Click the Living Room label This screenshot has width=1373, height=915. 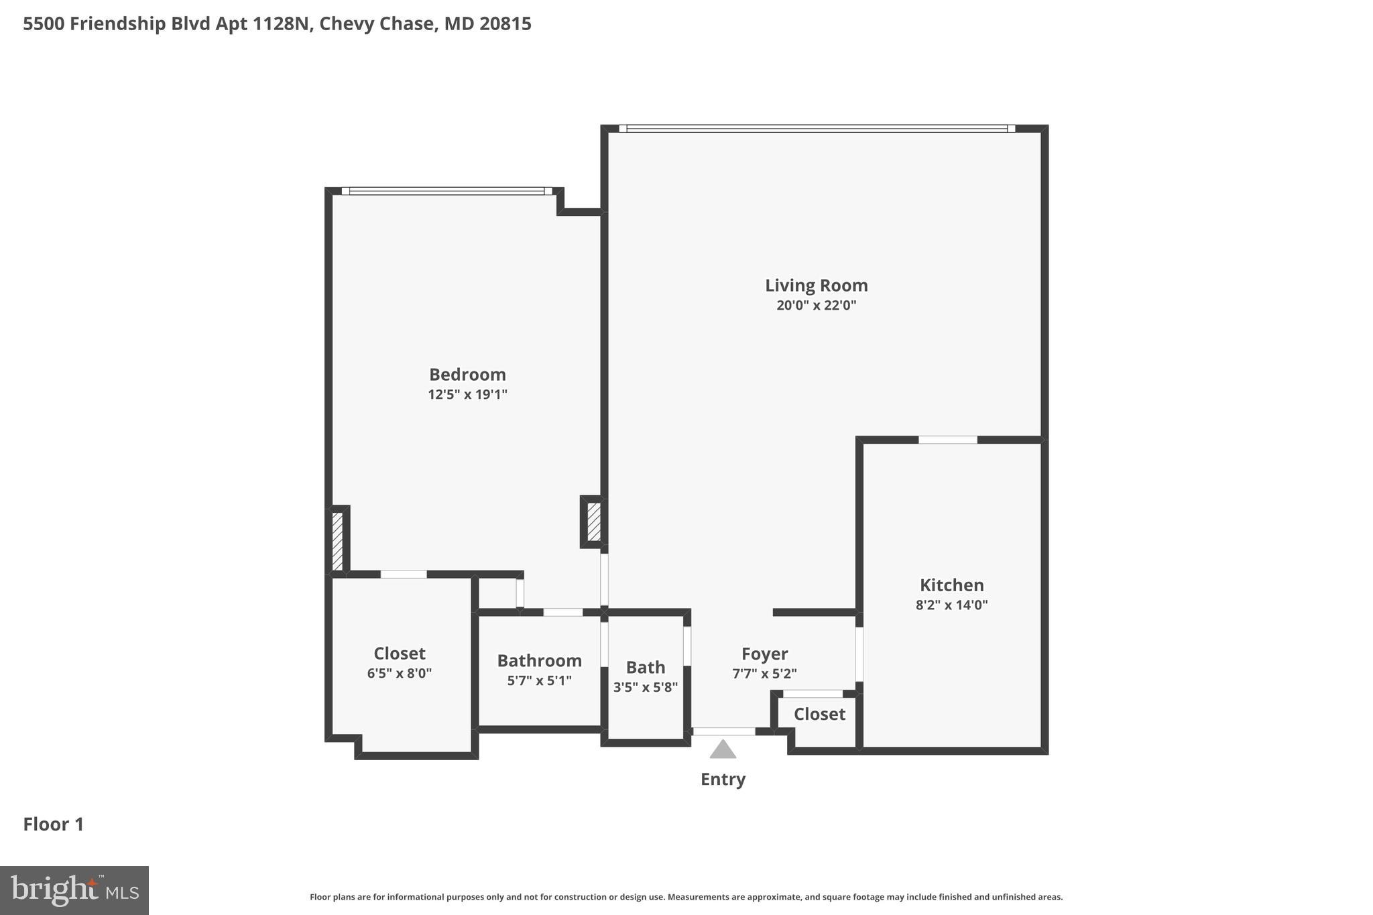(816, 286)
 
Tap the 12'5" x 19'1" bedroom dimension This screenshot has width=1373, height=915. (467, 394)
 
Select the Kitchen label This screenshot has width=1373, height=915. (951, 585)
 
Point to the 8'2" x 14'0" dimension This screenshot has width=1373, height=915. (951, 605)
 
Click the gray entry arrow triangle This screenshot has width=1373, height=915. (723, 750)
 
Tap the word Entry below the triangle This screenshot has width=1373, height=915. (723, 779)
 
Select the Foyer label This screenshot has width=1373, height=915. (764, 654)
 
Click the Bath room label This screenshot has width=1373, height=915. (646, 667)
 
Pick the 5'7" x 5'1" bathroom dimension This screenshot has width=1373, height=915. (539, 680)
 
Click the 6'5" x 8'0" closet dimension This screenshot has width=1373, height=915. (399, 673)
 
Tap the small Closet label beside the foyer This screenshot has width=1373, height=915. (819, 714)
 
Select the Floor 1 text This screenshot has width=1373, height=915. (54, 824)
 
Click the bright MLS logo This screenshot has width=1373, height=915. (74, 890)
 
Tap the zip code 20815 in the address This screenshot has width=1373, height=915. (505, 24)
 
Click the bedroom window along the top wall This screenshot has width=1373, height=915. (446, 191)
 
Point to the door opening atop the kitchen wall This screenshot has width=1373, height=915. (947, 440)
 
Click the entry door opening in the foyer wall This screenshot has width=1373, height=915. (723, 731)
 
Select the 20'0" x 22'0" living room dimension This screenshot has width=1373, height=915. (816, 306)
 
